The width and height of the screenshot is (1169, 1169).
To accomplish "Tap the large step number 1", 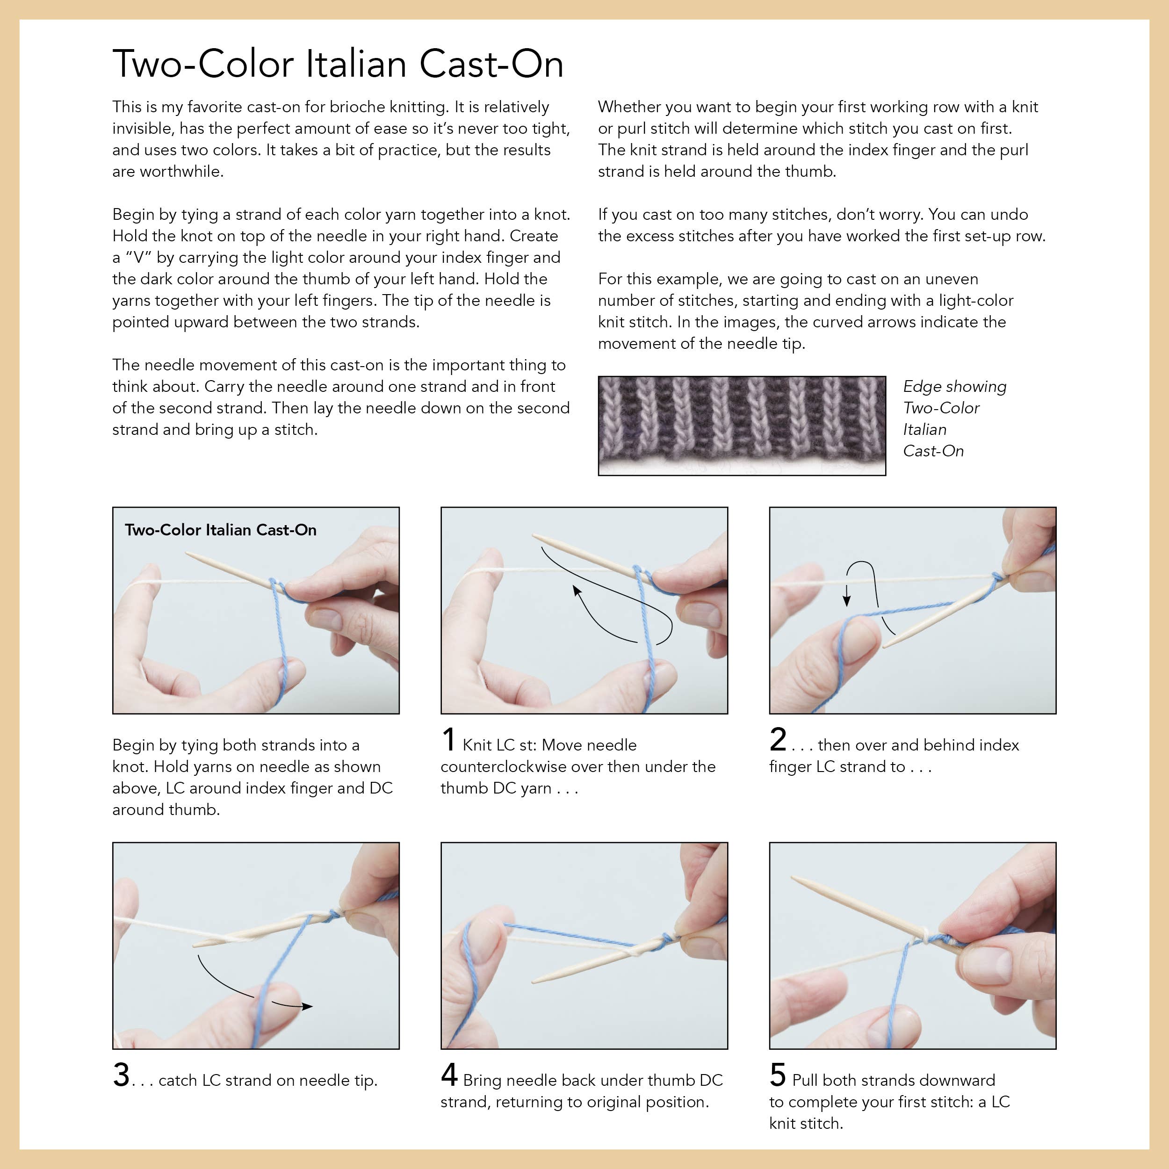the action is point(448,739).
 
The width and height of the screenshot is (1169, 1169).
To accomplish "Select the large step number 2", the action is point(778,739).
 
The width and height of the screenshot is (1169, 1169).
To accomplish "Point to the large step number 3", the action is point(121,1075).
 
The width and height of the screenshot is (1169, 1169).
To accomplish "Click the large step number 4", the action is point(449,1075).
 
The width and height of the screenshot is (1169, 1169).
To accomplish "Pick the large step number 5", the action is point(778,1075).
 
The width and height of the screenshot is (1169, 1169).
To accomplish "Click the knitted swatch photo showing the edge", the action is point(742,426).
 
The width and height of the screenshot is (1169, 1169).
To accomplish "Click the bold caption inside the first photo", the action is point(221,530).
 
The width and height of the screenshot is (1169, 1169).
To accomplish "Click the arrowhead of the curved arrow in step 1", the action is point(577,590).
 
